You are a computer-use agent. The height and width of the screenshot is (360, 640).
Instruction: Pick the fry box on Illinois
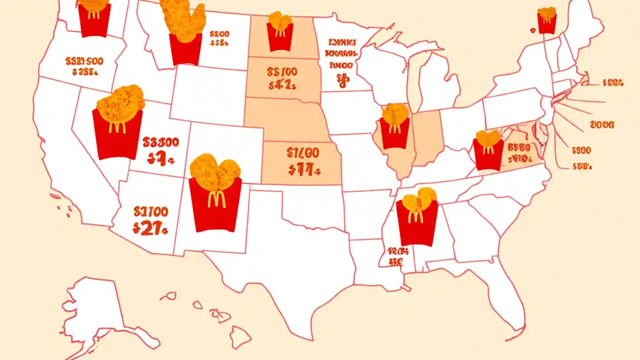point(394,132)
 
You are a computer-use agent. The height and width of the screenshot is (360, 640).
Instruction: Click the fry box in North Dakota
point(279,36)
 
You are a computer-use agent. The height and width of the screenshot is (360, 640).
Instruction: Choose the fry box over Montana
point(185,48)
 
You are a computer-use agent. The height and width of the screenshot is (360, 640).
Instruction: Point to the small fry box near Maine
point(546,23)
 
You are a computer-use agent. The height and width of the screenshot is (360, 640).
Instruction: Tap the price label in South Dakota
point(282,78)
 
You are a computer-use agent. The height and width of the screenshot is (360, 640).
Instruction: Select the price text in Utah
point(160,150)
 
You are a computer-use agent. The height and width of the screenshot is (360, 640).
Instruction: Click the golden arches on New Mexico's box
point(216,198)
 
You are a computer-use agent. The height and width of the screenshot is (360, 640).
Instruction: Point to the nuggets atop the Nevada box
point(120,98)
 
